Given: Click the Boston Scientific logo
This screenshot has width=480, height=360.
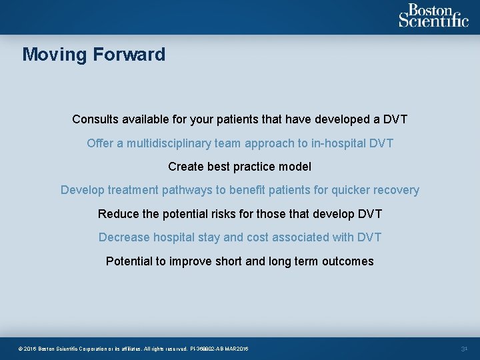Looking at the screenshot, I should pos(433,15).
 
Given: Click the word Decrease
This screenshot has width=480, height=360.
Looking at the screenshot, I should pos(124,237).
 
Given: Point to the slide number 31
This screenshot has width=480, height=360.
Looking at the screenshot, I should pos(465,349).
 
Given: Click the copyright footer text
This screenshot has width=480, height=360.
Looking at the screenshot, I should pos(133,349).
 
